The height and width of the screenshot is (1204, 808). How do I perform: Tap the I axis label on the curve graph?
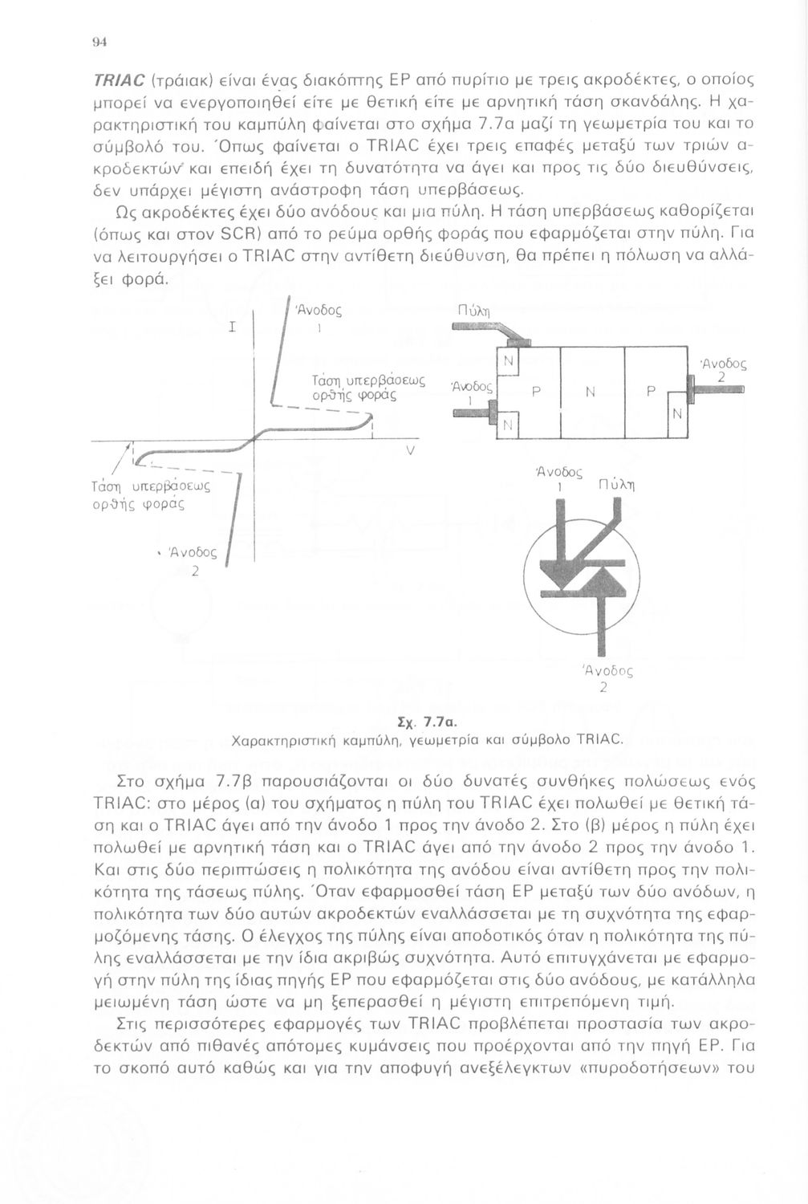(232, 327)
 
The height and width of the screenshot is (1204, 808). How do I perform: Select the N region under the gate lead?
(508, 362)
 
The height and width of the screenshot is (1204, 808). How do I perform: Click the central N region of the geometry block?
(591, 392)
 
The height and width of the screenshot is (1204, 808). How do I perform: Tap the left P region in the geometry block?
(534, 392)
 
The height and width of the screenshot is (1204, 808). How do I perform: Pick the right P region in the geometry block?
(651, 392)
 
